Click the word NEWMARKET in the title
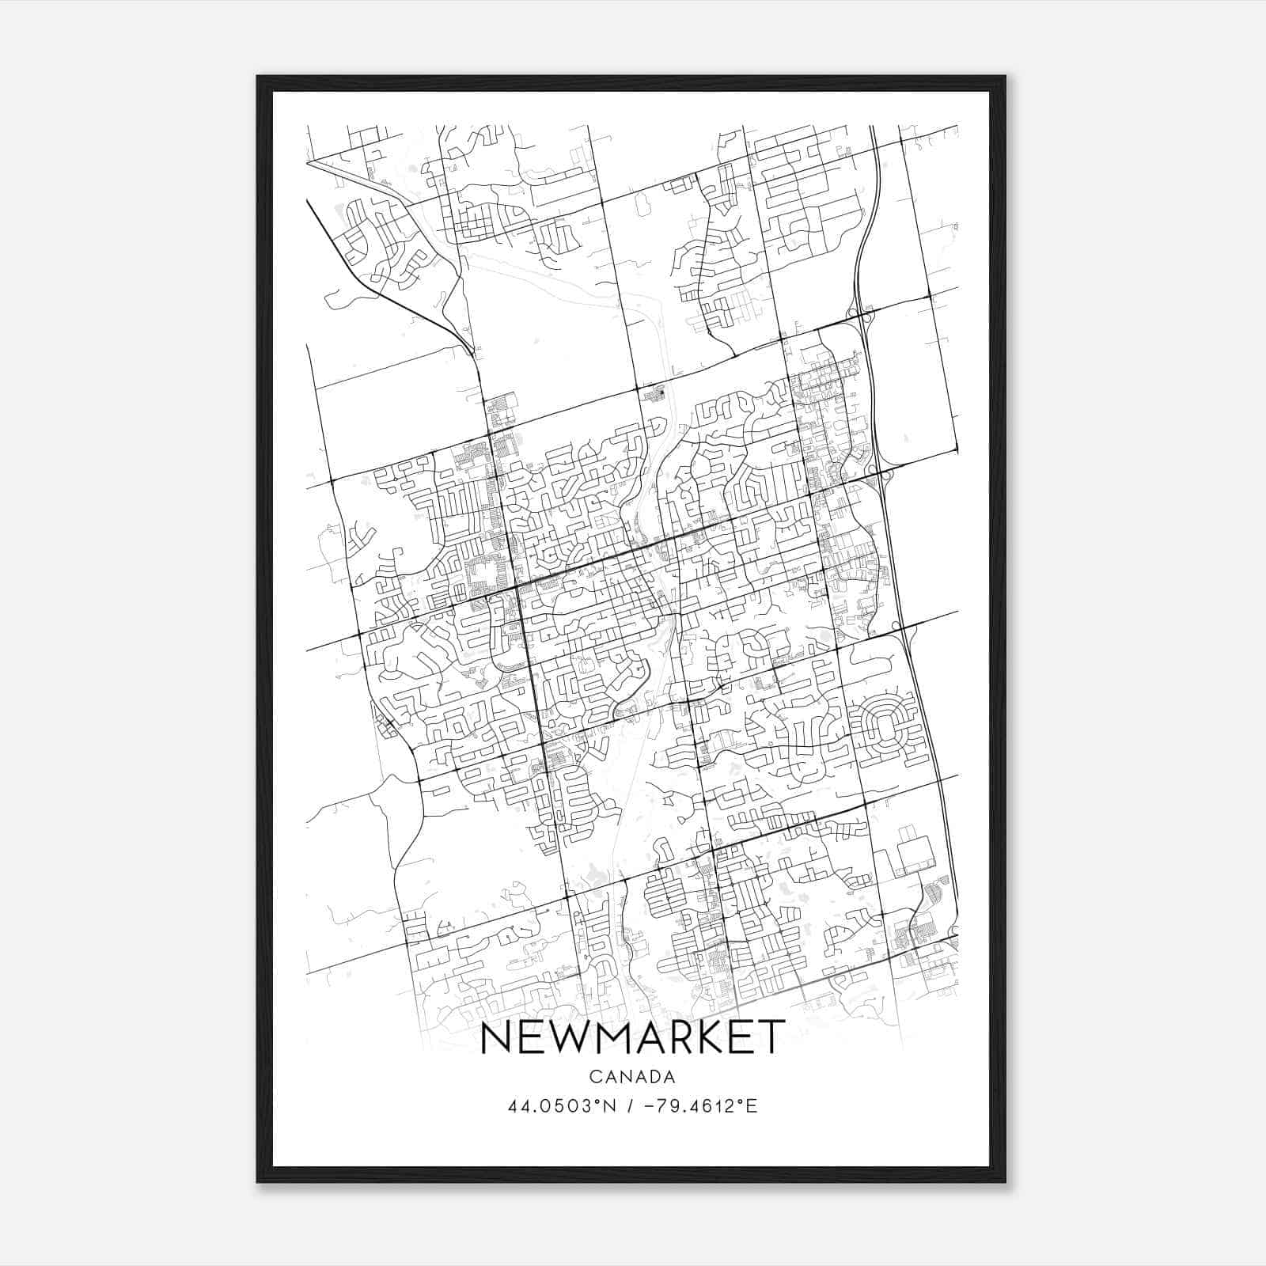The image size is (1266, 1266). coord(632,1038)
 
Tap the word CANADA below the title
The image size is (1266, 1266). coord(632,1077)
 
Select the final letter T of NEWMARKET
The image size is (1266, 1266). coord(771,1038)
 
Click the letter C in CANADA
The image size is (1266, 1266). coord(594,1077)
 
